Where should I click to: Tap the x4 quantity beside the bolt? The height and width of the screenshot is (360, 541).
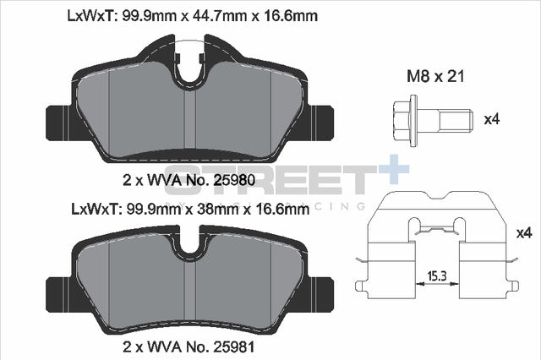(x=491, y=119)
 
